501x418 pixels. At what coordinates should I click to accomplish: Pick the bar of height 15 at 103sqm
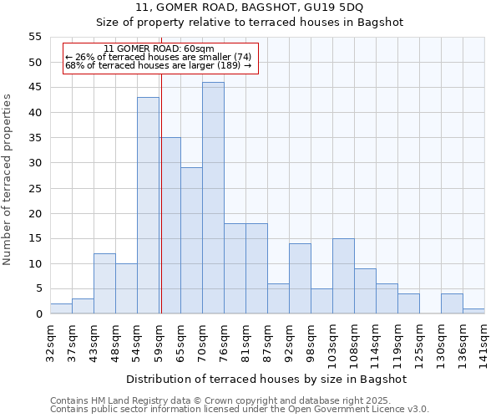pyautogui.click(x=343, y=276)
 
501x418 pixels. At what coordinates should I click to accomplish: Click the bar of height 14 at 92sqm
pyautogui.click(x=300, y=278)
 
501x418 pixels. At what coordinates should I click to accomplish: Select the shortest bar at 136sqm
pyautogui.click(x=473, y=311)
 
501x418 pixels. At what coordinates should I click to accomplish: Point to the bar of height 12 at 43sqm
pyautogui.click(x=104, y=283)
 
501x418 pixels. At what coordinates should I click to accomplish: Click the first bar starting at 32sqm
pyautogui.click(x=61, y=308)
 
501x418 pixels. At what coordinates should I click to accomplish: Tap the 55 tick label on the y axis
pyautogui.click(x=34, y=37)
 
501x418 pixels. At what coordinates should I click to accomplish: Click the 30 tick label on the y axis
pyautogui.click(x=34, y=163)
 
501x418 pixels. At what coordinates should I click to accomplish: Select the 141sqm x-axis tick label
pyautogui.click(x=484, y=341)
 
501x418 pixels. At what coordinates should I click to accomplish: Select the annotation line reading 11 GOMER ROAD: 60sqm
pyautogui.click(x=159, y=48)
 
